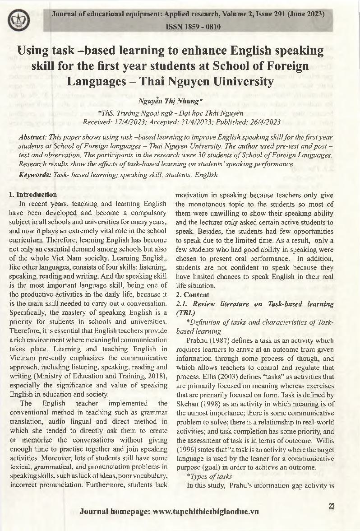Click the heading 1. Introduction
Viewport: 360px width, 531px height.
pyautogui.click(x=33, y=195)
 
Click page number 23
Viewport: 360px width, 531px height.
pyautogui.click(x=332, y=507)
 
